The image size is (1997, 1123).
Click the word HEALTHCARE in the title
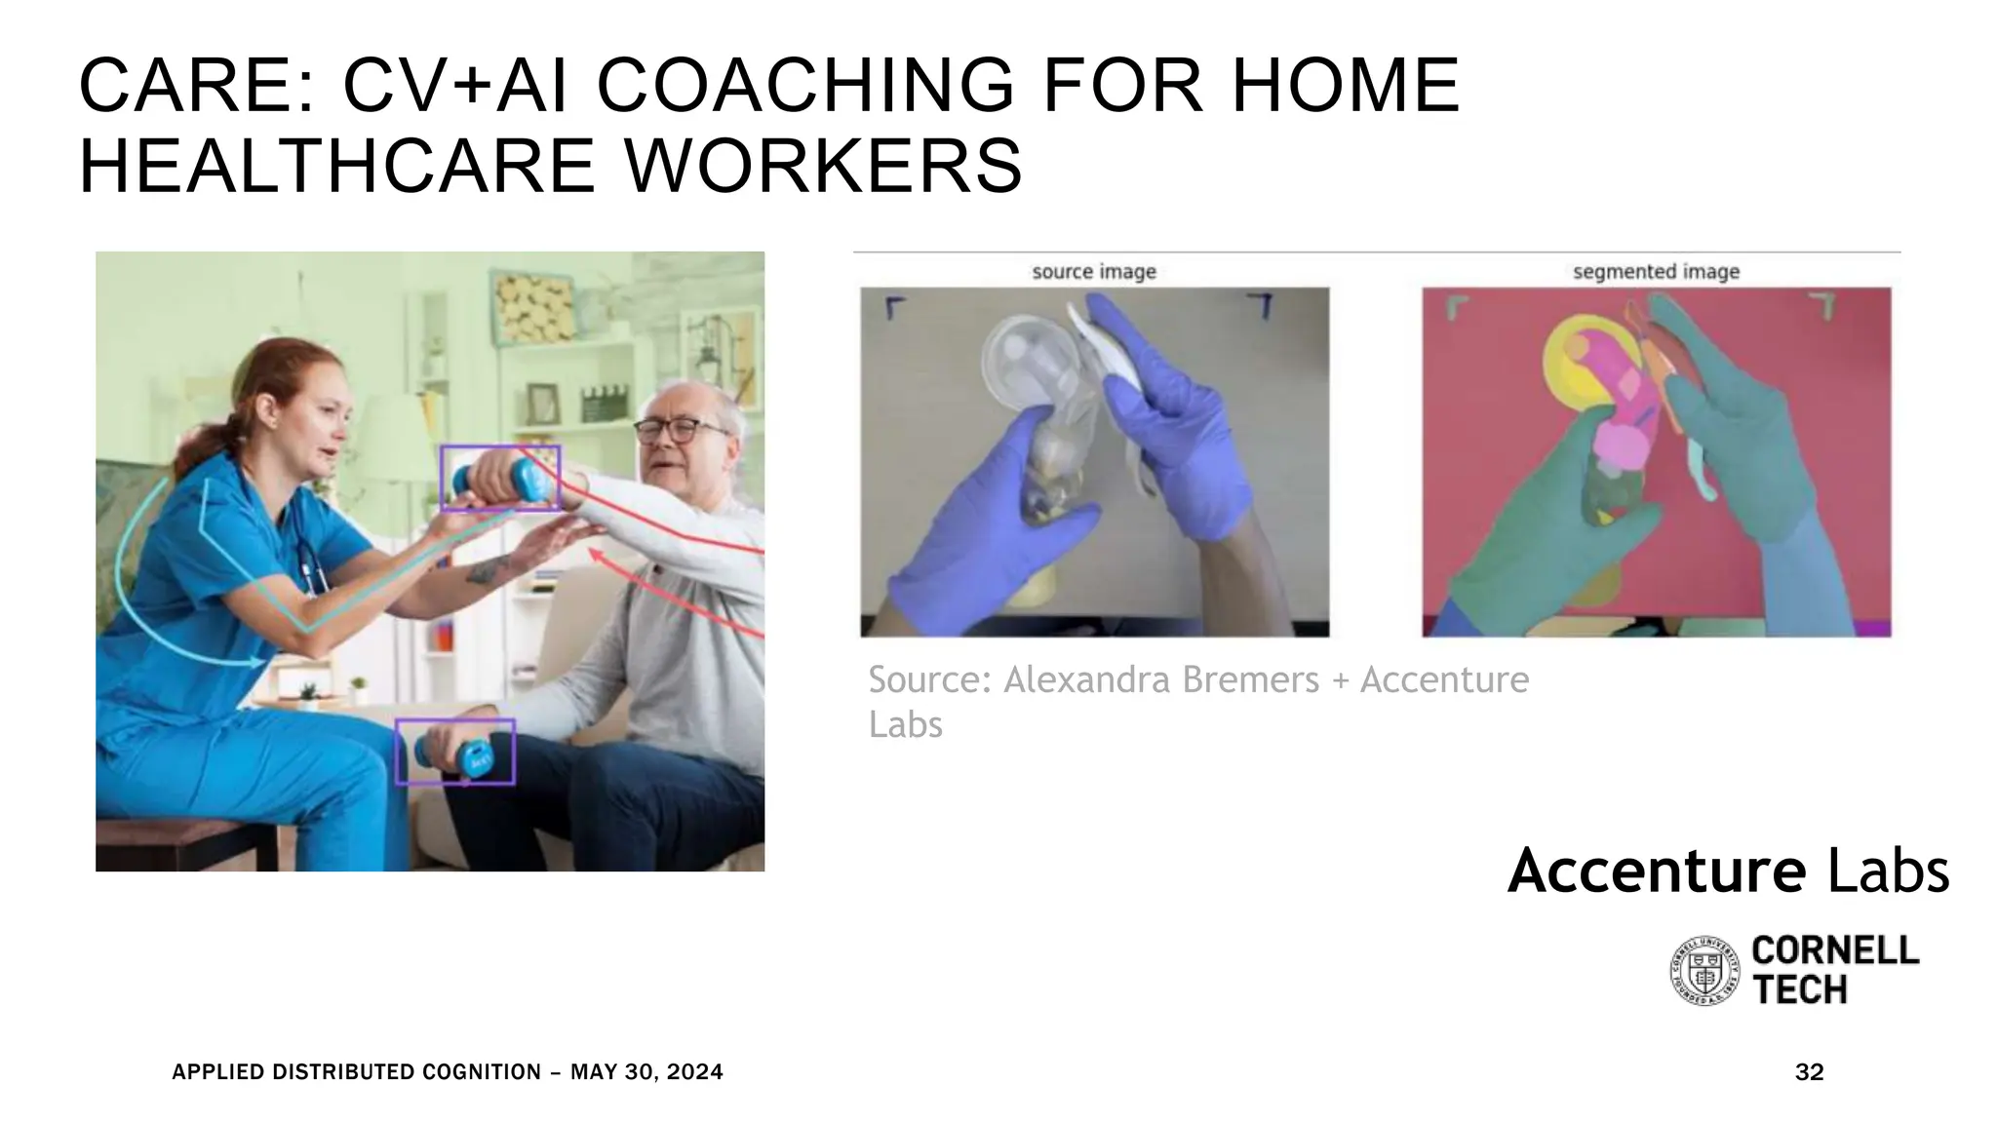pos(336,167)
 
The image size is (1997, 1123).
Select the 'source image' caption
pos(1094,272)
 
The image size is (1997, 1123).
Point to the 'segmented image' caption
pos(1656,272)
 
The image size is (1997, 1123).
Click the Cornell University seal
pos(1704,970)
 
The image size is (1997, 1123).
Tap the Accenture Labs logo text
pos(1728,871)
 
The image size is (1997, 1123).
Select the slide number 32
pos(1809,1072)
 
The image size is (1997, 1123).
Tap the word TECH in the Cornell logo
pos(1800,990)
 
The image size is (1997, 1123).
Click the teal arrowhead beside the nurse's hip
pos(257,662)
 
